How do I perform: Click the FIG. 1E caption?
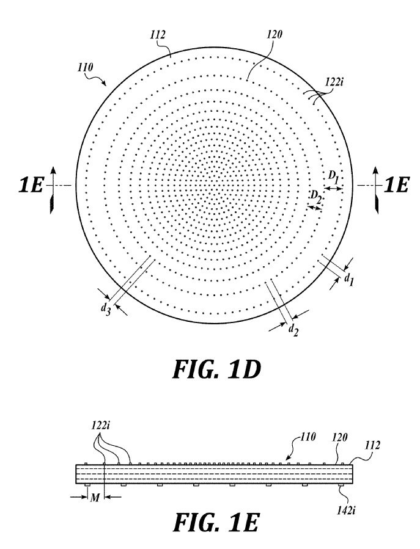tap(216, 522)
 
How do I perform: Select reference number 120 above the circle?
tap(274, 35)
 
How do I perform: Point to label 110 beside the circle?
tap(85, 67)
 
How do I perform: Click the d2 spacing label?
tap(293, 330)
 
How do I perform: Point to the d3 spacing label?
tap(106, 309)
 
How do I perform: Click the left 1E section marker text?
tap(31, 185)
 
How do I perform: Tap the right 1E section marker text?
tap(397, 185)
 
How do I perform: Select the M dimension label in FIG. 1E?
tap(95, 498)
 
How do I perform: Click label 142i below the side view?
tap(347, 511)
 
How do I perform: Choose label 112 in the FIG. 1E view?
tap(372, 445)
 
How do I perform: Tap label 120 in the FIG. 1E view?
tap(340, 437)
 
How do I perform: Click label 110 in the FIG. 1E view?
tap(308, 437)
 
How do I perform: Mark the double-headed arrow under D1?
tap(333, 189)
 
